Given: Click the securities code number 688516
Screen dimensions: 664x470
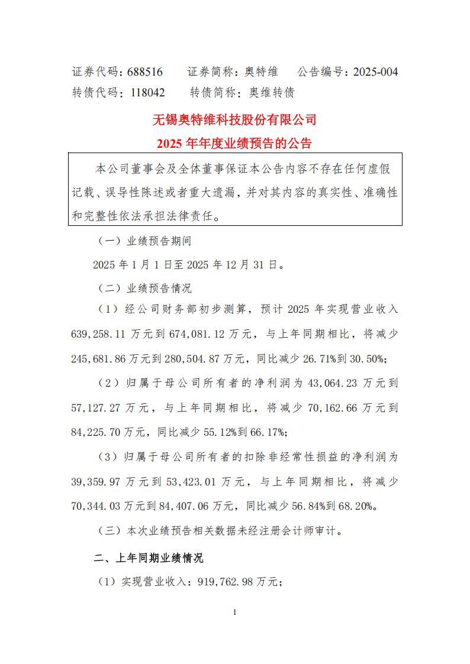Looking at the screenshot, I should pos(145,72).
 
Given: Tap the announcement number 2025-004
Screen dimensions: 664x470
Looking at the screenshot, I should pos(375,72).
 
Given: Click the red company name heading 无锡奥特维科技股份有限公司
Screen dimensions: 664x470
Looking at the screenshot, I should pos(234,120).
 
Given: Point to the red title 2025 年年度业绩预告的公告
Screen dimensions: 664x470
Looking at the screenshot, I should pos(234,143).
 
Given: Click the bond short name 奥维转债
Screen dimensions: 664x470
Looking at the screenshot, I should pos(271,93).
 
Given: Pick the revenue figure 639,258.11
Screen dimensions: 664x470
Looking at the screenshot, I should pos(99,334).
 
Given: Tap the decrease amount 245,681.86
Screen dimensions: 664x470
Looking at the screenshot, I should pos(99,358).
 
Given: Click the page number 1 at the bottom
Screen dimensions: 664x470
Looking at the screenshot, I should pos(235,613).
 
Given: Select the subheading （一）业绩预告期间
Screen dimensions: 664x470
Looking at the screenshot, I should pos(144,241).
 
